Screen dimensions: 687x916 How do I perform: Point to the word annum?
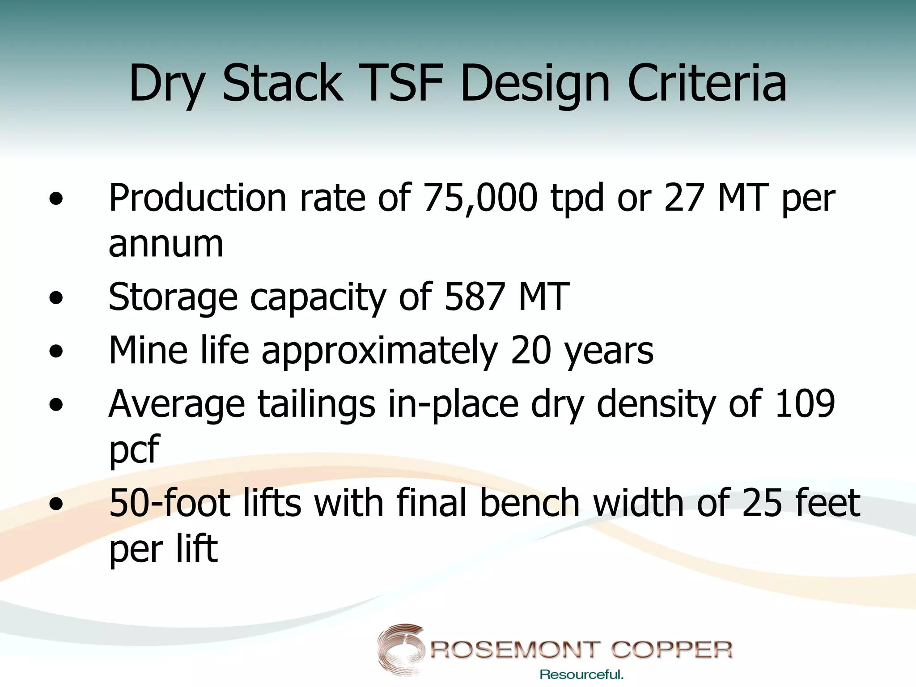pos(165,245)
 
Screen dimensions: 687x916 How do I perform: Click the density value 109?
pos(805,404)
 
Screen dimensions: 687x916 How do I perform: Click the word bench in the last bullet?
pos(530,503)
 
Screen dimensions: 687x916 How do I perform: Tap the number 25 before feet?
pos(762,503)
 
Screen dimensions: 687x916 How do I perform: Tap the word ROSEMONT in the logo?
pos(515,649)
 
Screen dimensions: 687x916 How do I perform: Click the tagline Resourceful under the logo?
pos(581,674)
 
